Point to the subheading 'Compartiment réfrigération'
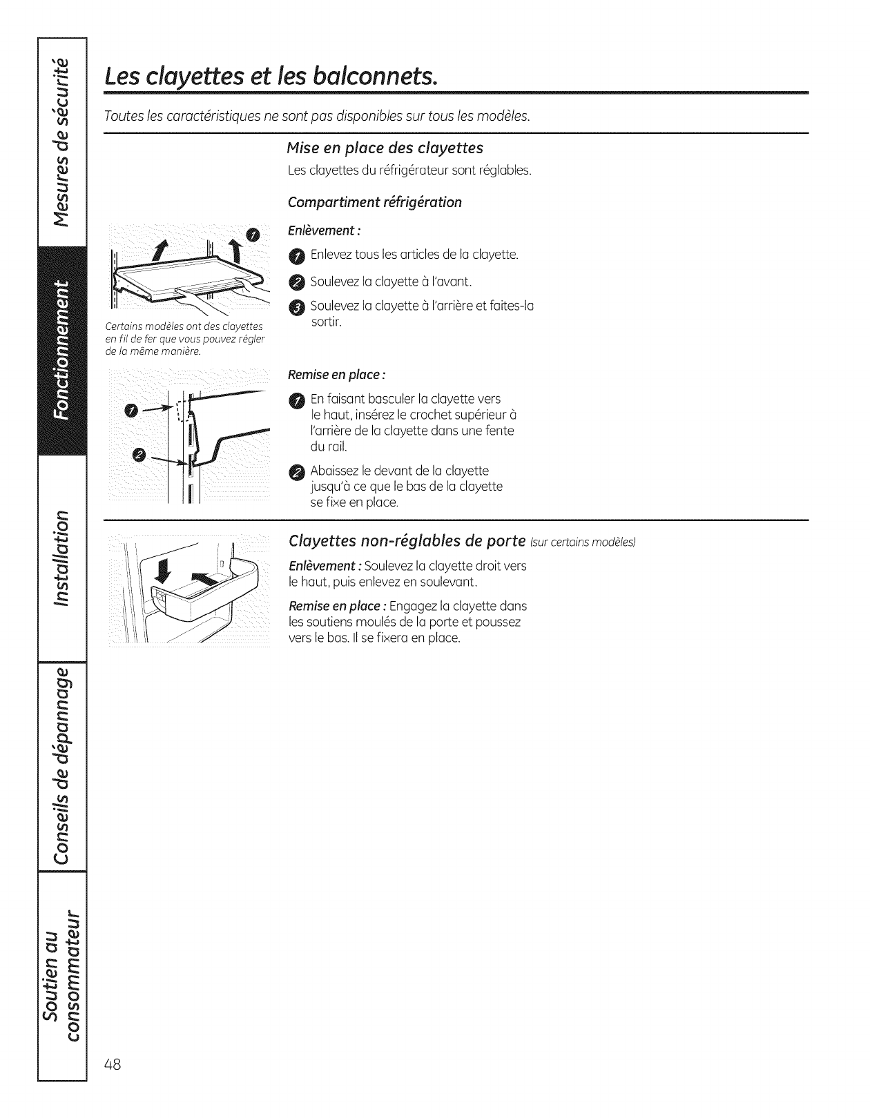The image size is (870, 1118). (x=374, y=202)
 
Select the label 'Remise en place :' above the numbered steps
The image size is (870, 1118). (x=336, y=375)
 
